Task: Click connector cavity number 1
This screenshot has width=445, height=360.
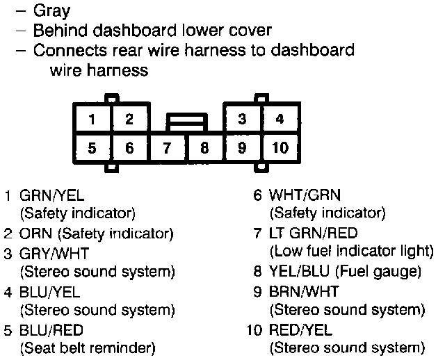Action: [x=92, y=118]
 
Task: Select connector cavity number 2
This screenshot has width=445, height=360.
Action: [x=129, y=118]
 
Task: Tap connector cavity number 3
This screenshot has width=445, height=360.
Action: [x=241, y=118]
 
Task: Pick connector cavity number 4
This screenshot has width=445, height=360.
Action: [x=280, y=118]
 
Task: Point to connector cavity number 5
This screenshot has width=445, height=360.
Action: [x=92, y=147]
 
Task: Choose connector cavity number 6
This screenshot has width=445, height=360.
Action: [x=129, y=147]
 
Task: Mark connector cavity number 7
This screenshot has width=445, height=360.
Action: [x=167, y=147]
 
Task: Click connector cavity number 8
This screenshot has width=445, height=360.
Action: [x=204, y=147]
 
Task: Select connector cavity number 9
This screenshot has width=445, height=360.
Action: [x=241, y=147]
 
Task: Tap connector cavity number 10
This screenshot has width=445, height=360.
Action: [x=280, y=147]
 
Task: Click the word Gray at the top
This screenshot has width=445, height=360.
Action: [x=52, y=11]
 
